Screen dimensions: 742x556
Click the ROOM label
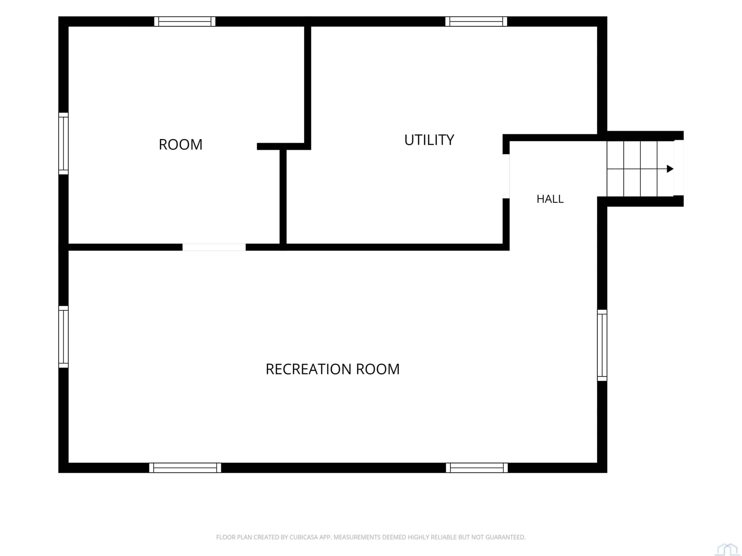181,145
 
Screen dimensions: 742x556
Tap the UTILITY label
429,140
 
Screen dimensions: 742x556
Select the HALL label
550,199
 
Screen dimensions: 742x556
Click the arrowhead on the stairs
670,169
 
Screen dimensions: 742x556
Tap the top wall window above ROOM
185,21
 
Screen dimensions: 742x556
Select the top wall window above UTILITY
476,21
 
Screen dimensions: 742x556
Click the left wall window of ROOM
63,143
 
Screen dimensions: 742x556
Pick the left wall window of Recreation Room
63,336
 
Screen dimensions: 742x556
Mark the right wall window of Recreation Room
602,345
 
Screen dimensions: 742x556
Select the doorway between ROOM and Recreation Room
214,247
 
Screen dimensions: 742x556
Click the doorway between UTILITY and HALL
506,176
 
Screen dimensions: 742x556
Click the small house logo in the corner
727,549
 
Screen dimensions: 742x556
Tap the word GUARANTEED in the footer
505,537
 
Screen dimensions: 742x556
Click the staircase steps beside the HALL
640,169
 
